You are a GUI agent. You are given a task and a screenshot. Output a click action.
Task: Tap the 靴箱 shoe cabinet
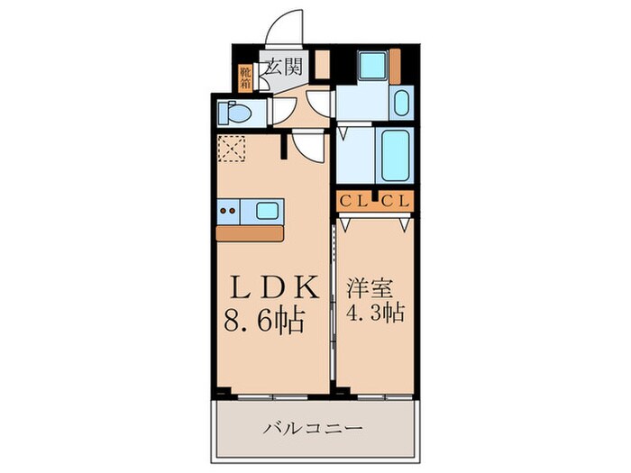coord(245,78)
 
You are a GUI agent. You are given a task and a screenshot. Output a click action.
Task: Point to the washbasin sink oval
coord(401,104)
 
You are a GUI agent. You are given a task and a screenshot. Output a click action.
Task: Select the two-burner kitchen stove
coord(230,212)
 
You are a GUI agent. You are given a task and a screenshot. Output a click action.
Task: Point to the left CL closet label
coord(352,202)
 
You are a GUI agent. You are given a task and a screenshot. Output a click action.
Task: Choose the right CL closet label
coord(396,202)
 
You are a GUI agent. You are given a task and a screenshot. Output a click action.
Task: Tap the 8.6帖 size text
coord(263,319)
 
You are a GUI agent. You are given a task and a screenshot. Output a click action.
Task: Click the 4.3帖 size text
coord(373,315)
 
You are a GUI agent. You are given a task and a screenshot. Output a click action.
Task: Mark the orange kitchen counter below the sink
coord(251,232)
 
